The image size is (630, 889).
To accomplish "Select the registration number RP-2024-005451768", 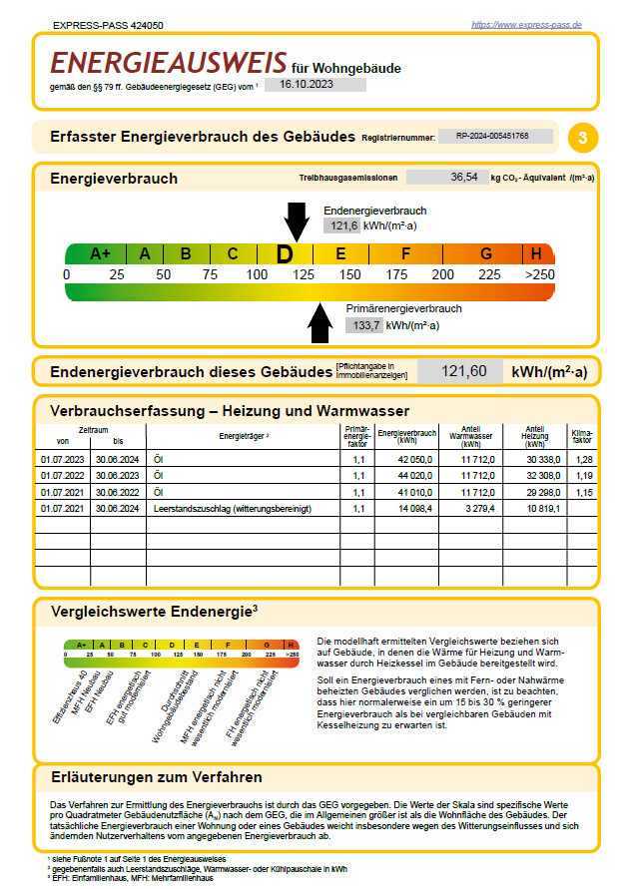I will coord(491,135).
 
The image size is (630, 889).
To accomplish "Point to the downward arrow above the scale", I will coord(297,220).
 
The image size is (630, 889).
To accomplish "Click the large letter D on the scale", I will coord(286,254).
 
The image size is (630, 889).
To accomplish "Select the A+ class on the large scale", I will coord(100,253).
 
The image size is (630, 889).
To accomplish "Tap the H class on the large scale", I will coord(536,253).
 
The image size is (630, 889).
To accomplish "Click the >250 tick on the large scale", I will coord(539,274).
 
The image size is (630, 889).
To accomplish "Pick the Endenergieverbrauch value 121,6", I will coord(340,226).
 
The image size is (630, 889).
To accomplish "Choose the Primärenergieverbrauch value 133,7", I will coord(363,324).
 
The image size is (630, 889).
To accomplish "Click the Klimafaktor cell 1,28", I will coord(584,459).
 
